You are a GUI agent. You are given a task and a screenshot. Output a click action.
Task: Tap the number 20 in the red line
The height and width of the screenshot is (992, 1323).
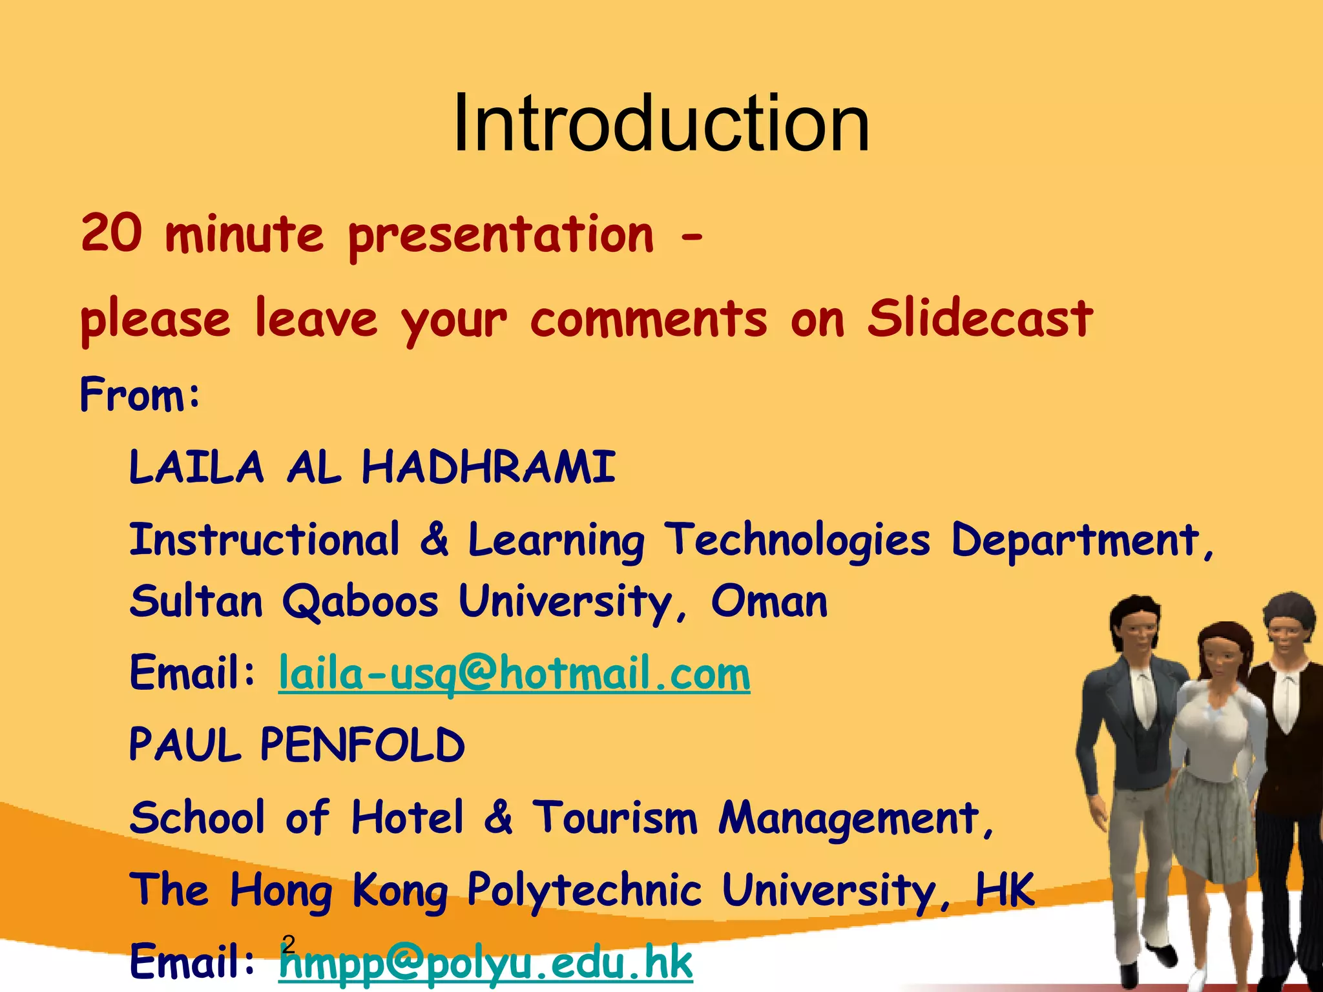pyautogui.click(x=111, y=233)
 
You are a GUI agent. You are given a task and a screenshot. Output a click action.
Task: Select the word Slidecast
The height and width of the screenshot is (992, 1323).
pyautogui.click(x=979, y=318)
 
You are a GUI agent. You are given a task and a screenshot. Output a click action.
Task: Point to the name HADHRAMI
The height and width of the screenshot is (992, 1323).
pyautogui.click(x=488, y=467)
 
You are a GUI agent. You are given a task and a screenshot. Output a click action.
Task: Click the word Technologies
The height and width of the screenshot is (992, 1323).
pyautogui.click(x=798, y=540)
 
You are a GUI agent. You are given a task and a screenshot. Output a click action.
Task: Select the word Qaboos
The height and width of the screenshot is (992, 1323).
pyautogui.click(x=360, y=602)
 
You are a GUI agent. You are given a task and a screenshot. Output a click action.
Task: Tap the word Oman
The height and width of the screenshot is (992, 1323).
pyautogui.click(x=769, y=602)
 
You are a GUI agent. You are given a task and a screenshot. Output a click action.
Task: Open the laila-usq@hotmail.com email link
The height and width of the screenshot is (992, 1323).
pyautogui.click(x=514, y=674)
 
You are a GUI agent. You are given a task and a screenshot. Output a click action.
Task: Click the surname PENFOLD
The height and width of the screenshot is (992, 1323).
pyautogui.click(x=362, y=745)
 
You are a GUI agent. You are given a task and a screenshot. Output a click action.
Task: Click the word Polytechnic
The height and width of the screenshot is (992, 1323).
pyautogui.click(x=584, y=890)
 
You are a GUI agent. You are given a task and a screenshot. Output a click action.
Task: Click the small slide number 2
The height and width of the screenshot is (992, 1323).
pyautogui.click(x=289, y=944)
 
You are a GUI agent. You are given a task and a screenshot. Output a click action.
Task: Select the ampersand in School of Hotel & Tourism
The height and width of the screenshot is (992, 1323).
pyautogui.click(x=498, y=818)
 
